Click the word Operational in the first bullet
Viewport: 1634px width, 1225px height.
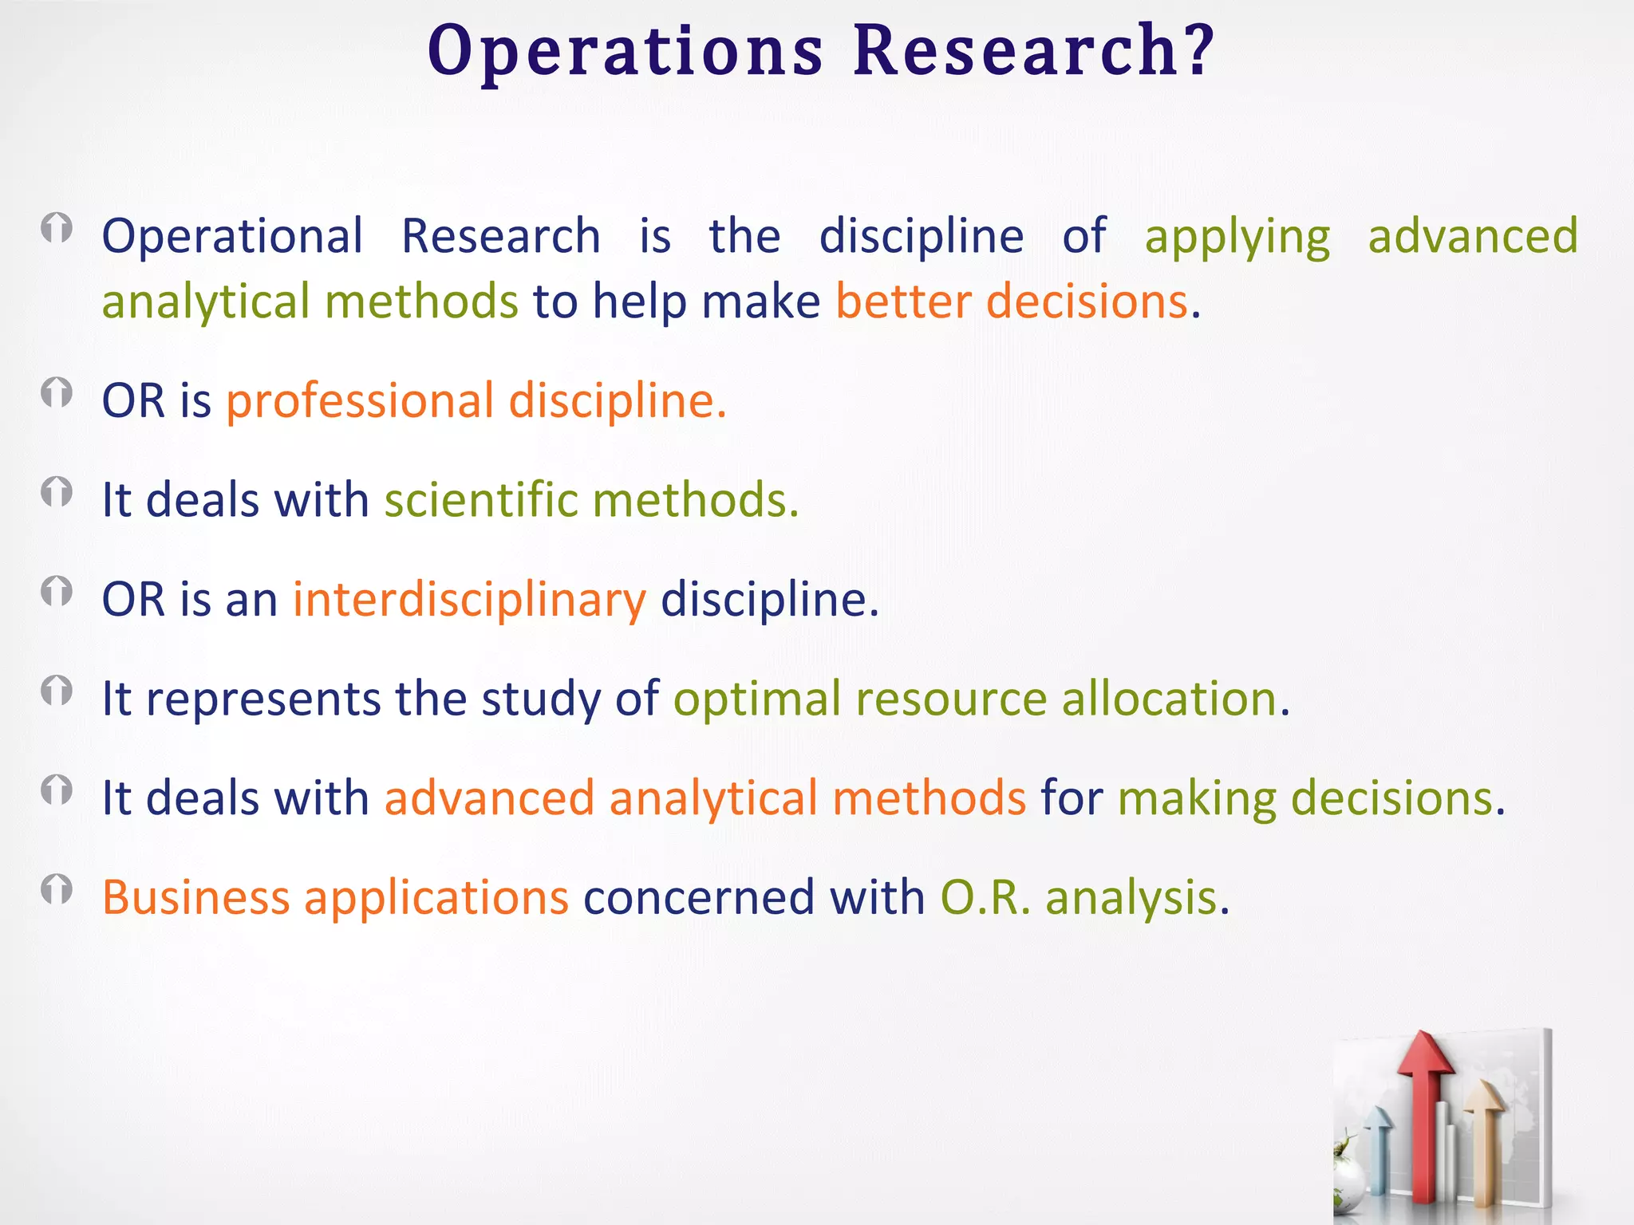[232, 237]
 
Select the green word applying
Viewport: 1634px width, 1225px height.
[1237, 237]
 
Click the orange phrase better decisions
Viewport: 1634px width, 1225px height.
[1011, 301]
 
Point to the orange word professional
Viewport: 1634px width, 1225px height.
[360, 400]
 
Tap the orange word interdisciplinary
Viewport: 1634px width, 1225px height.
[469, 600]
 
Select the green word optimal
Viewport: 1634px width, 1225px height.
[757, 699]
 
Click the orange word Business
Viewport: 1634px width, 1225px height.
[195, 897]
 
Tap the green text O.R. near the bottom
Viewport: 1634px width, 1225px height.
[985, 897]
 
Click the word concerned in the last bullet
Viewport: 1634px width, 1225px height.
[699, 897]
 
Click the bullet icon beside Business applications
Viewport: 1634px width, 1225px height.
[57, 889]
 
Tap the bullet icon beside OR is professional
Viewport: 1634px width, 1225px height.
[57, 392]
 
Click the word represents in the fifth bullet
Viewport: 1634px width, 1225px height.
[263, 699]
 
